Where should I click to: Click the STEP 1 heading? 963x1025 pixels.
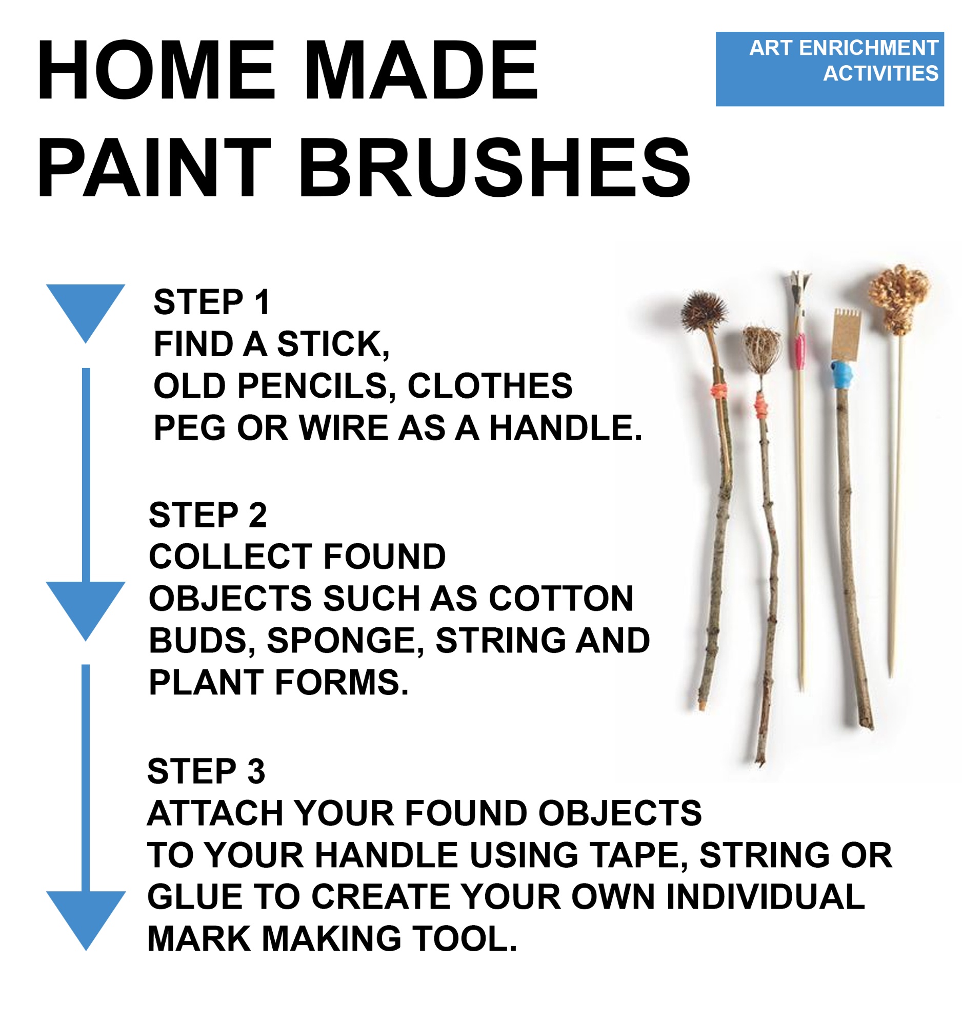point(211,302)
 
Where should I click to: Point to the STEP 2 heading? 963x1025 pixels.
point(207,515)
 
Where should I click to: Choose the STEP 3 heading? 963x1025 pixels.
point(206,771)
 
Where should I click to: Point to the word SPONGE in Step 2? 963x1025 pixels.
point(345,641)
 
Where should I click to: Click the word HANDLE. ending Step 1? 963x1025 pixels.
point(565,428)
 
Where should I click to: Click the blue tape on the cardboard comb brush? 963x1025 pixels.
point(842,374)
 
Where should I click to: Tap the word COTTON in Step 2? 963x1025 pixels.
point(561,598)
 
